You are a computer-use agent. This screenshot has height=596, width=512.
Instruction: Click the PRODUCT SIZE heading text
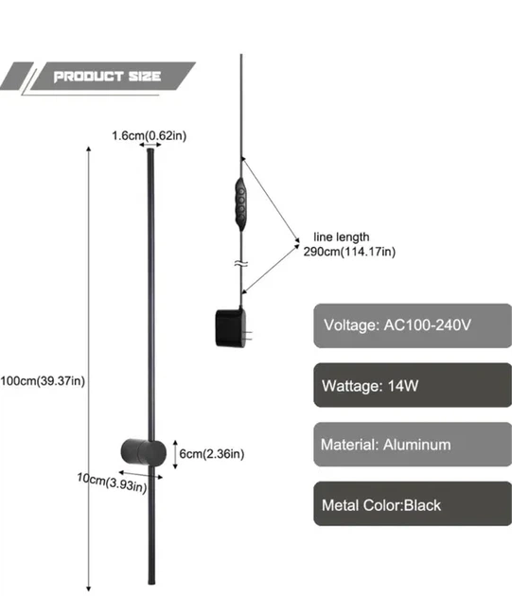point(107,77)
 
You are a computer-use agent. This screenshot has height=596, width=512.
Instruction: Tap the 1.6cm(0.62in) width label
point(150,135)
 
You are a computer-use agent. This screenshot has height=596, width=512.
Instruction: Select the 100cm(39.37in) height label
point(43,381)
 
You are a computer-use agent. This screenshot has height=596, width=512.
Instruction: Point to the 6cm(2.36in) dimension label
point(211,453)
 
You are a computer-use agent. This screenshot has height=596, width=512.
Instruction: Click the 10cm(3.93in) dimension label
point(112,482)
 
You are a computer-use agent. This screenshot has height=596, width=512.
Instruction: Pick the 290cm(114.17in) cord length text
point(349,252)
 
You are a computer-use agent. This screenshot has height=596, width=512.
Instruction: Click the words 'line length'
point(342,237)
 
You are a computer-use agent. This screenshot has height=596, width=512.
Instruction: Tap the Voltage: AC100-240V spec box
point(413,325)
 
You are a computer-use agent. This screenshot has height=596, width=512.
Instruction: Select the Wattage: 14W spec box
point(413,385)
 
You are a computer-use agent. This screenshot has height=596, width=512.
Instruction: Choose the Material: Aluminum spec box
point(413,445)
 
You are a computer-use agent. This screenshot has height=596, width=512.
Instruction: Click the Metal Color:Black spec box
point(413,504)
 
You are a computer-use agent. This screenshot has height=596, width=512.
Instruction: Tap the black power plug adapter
point(234,327)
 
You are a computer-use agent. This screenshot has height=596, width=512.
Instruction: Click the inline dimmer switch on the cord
point(240,204)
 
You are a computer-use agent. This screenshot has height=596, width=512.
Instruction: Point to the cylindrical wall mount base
point(144,451)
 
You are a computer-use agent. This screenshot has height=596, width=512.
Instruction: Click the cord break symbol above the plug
point(241,263)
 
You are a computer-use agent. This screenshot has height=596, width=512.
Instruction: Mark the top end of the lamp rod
point(150,149)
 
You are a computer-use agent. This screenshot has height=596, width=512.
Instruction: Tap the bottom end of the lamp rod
point(151,583)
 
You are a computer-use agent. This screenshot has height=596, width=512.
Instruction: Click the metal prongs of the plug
point(249,335)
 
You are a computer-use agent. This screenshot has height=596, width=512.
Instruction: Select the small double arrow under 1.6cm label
point(150,145)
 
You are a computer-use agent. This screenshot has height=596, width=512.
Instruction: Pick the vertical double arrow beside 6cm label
point(175,454)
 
